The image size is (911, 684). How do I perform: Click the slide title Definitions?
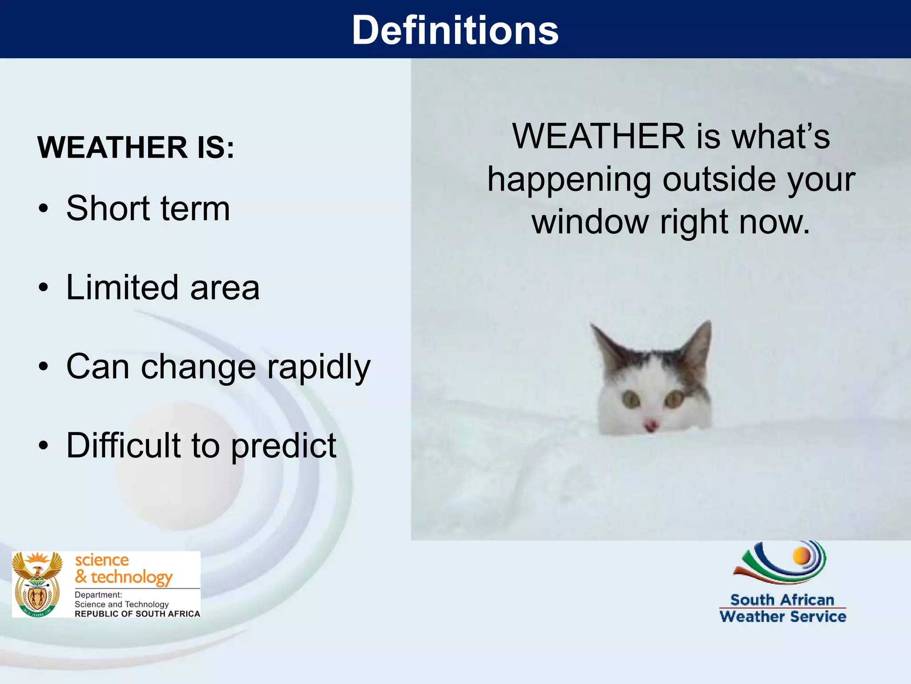click(x=455, y=30)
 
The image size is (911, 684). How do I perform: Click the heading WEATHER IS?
click(x=136, y=147)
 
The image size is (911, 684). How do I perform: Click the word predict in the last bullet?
click(x=284, y=446)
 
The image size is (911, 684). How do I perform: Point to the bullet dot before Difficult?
click(x=43, y=445)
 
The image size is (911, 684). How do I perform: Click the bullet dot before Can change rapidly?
click(x=43, y=366)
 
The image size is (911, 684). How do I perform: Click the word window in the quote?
click(x=590, y=221)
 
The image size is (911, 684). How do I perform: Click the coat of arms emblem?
click(x=37, y=584)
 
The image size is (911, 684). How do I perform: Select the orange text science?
click(x=102, y=560)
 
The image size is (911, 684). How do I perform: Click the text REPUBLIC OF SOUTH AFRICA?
click(x=137, y=614)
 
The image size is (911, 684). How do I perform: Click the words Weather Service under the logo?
click(x=782, y=617)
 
